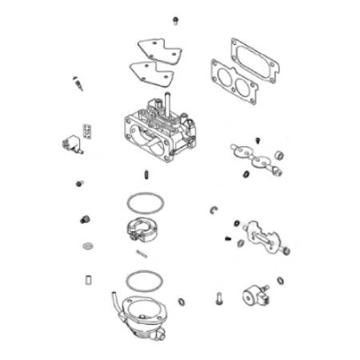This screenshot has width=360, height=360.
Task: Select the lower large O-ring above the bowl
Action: click(x=145, y=280)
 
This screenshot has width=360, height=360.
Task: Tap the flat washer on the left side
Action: click(x=86, y=246)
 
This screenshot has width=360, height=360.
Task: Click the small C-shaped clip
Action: click(x=214, y=210)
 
